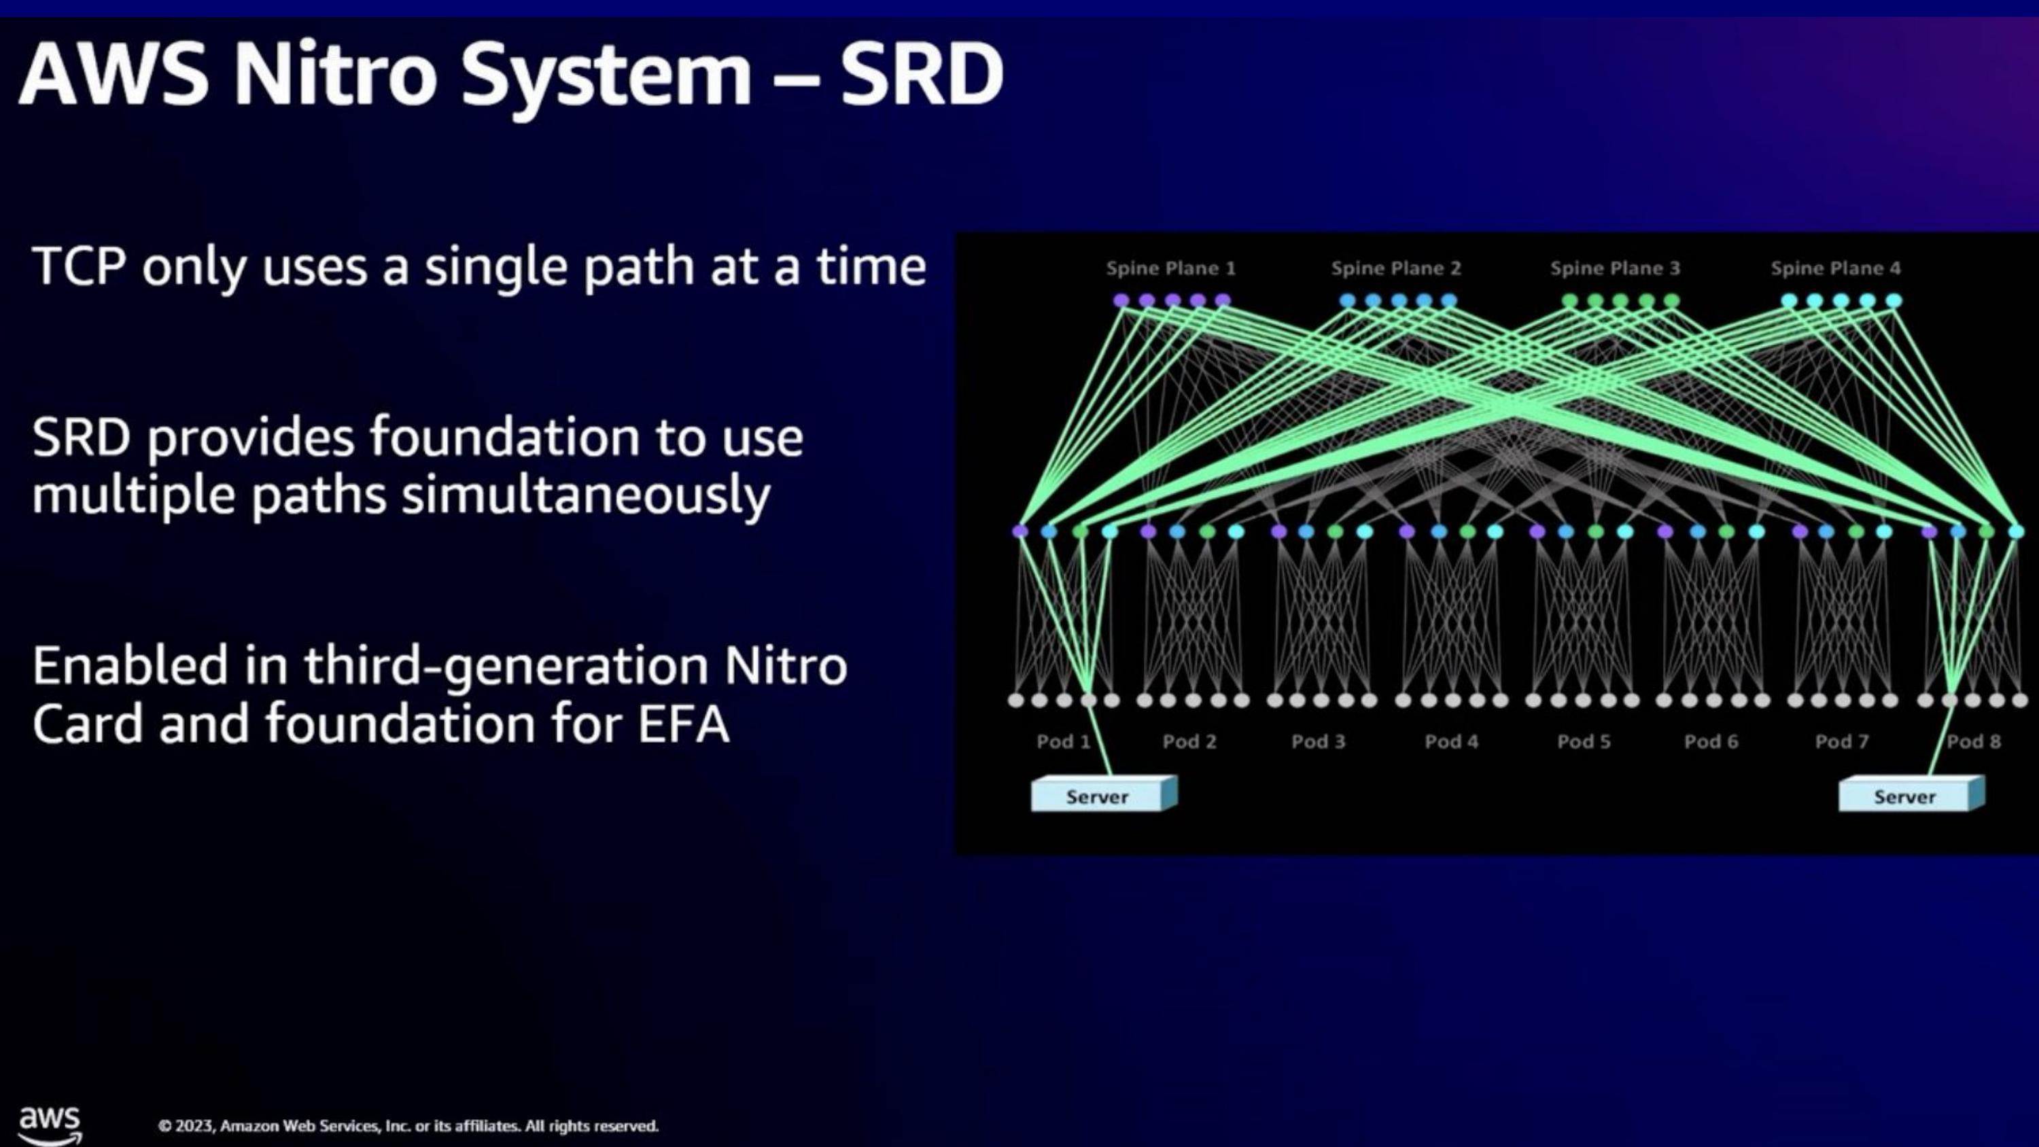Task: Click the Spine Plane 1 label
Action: click(x=1170, y=268)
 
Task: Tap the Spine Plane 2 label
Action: click(x=1396, y=268)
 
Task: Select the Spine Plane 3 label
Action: click(x=1616, y=268)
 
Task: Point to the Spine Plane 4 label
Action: click(x=1836, y=268)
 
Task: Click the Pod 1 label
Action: click(x=1064, y=742)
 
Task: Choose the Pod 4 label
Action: click(x=1452, y=742)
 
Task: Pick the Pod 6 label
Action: click(x=1711, y=742)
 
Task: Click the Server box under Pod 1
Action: click(x=1103, y=794)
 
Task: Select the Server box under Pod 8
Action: click(x=1911, y=794)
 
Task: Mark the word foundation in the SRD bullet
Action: click(x=504, y=438)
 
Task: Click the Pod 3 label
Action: click(x=1319, y=742)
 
